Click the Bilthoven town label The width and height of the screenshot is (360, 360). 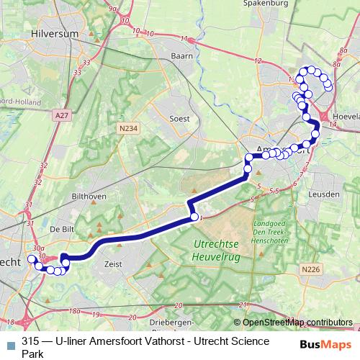[89, 196]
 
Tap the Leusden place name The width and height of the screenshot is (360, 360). [323, 194]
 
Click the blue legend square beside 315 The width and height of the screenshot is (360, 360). [10, 343]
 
